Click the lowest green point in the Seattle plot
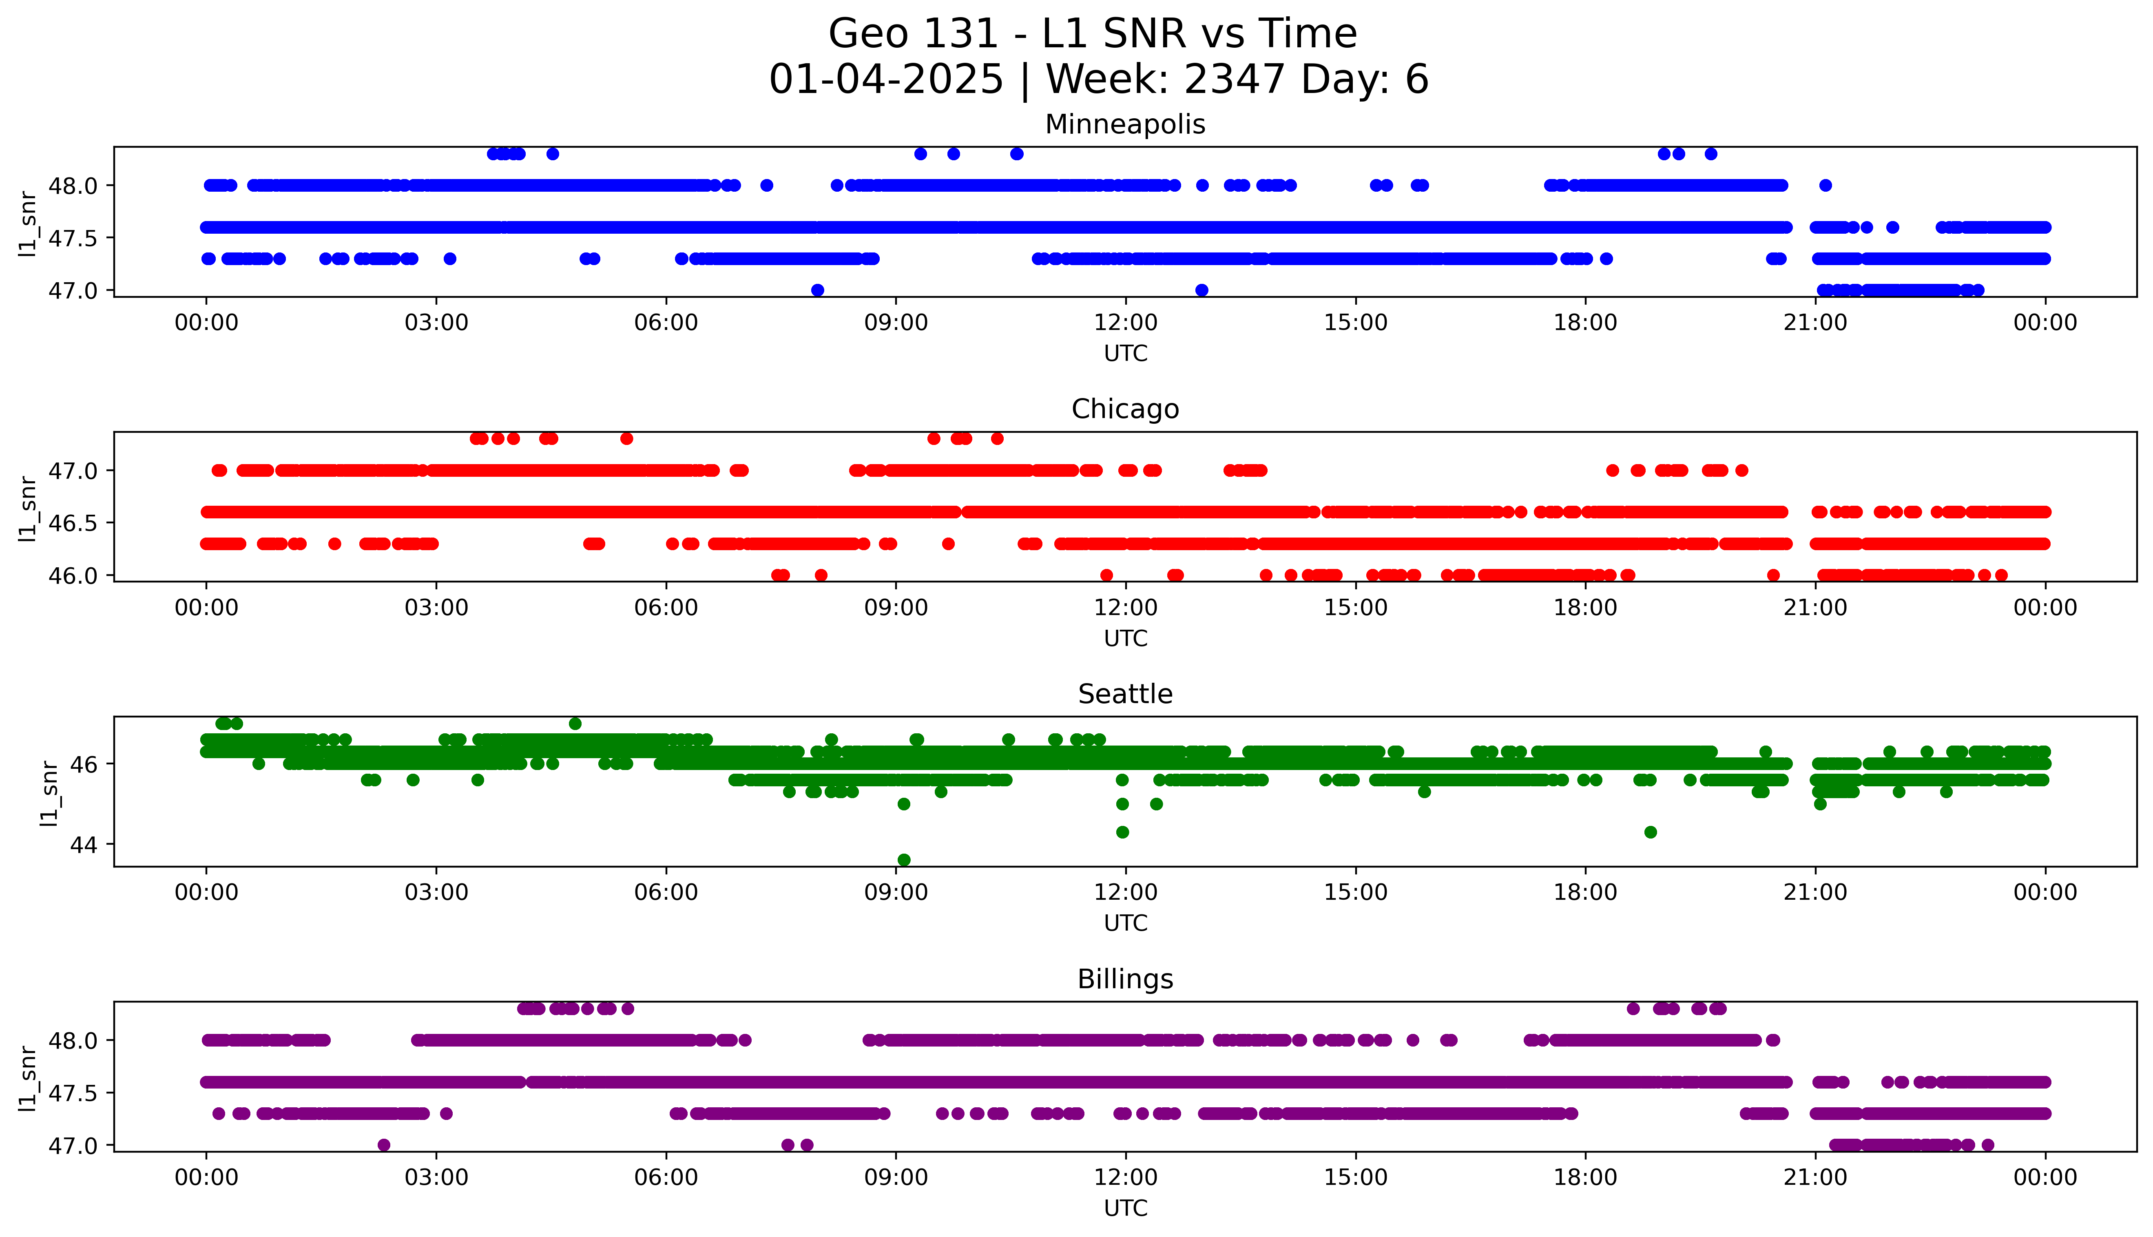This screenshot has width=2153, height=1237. click(904, 860)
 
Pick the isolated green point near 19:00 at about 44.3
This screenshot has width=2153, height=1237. click(1650, 832)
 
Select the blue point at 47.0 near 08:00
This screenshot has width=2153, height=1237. click(817, 290)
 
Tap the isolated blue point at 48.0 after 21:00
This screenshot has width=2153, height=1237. click(1825, 185)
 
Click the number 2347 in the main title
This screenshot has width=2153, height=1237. click(1234, 80)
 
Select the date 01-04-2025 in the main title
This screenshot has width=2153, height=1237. click(886, 80)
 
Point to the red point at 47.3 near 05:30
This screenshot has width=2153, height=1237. click(627, 438)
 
